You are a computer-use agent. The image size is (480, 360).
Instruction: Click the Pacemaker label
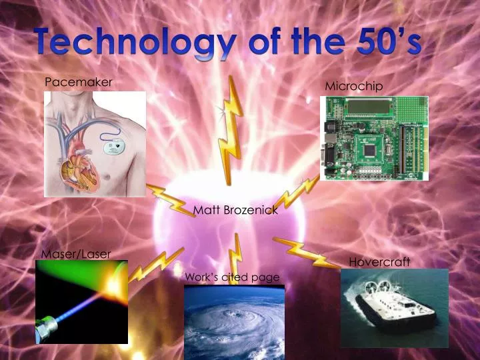78,82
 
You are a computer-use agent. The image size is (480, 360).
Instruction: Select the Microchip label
354,86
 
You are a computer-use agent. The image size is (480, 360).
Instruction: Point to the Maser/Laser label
76,253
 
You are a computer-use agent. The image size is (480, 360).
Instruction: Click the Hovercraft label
379,262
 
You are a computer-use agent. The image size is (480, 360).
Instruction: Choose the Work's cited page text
232,277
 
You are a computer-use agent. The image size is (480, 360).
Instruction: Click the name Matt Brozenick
235,210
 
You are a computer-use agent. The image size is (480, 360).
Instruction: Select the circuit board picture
374,138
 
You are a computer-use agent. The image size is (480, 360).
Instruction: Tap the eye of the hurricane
235,313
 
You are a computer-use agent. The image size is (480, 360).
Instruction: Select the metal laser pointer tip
49,327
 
